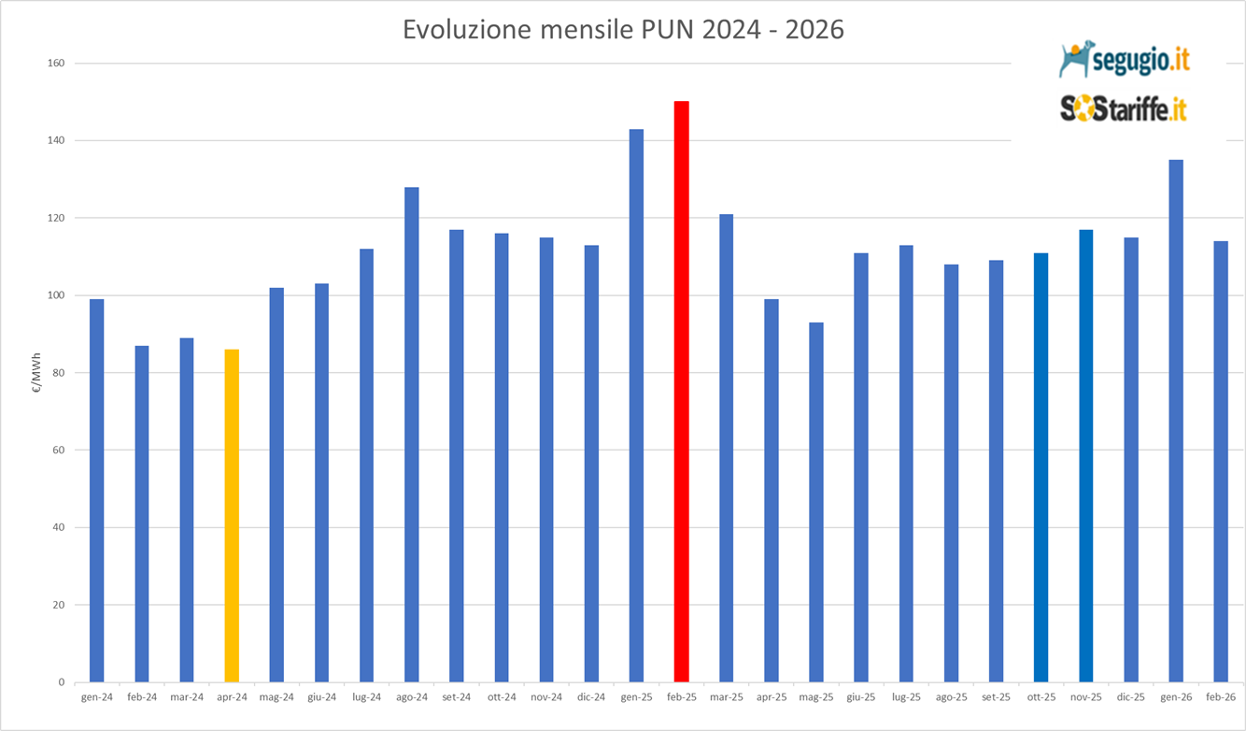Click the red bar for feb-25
coord(681,393)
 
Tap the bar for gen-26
coord(1175,421)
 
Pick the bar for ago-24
coord(411,435)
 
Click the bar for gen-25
coord(636,406)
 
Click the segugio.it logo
coord(1125,60)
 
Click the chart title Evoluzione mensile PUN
coord(623,30)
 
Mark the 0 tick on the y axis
coord(61,682)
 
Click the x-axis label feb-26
coord(1220,697)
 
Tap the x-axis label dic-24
coord(591,697)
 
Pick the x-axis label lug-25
coord(906,697)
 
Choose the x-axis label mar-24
coord(187,697)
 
